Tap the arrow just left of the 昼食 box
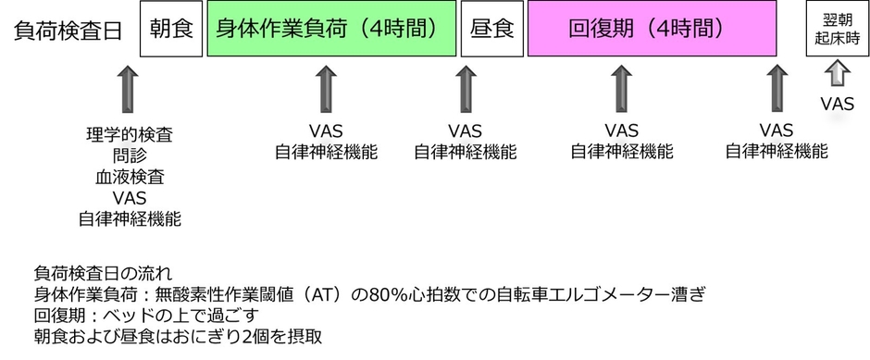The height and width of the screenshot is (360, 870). click(x=464, y=90)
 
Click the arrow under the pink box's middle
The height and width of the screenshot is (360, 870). click(x=621, y=90)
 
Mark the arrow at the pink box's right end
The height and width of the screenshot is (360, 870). click(x=776, y=90)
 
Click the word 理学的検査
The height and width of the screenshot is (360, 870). click(x=129, y=135)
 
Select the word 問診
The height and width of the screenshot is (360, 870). click(x=129, y=156)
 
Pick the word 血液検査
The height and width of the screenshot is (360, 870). click(x=129, y=177)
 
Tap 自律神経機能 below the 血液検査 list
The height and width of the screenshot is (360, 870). click(x=129, y=219)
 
